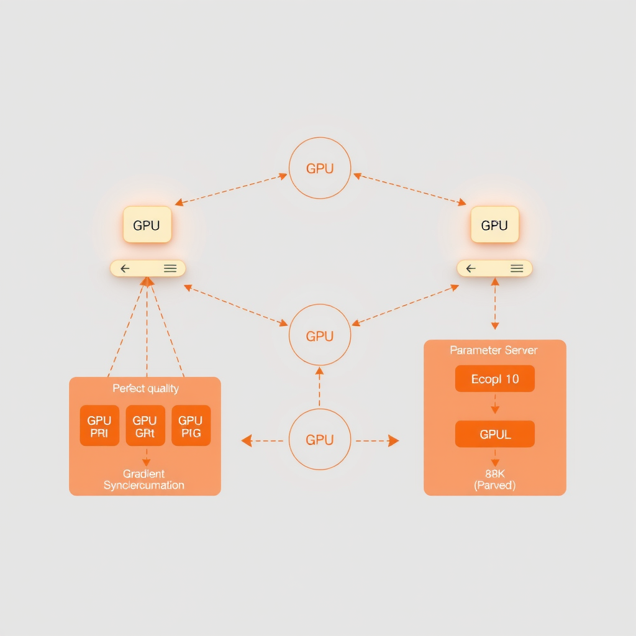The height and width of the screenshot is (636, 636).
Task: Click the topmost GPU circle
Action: pos(320,168)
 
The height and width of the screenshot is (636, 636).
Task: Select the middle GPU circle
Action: pos(320,335)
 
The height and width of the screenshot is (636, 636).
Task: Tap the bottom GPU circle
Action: pos(320,439)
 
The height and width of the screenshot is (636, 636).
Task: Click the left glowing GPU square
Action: pos(147,225)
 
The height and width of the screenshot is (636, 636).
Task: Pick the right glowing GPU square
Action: pos(494,225)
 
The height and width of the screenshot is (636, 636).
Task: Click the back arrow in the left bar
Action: pos(125,268)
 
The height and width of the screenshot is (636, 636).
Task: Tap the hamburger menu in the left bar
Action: pos(170,268)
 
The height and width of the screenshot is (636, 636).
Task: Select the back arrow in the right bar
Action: pos(471,268)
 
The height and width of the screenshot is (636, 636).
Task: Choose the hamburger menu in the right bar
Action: pos(517,268)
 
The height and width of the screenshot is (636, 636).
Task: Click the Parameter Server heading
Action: pos(494,350)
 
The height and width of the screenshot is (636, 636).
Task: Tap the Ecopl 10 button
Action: pos(495,379)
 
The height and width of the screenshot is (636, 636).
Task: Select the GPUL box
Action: pos(495,434)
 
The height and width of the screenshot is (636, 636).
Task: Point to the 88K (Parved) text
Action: pos(495,479)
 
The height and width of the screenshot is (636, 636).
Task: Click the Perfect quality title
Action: pos(145,389)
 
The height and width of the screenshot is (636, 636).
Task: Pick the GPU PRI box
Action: pos(99,426)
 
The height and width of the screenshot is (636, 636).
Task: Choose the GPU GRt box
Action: pos(145,426)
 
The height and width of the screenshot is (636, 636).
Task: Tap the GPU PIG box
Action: pos(191,426)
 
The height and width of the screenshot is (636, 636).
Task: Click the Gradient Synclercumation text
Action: pos(144,479)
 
